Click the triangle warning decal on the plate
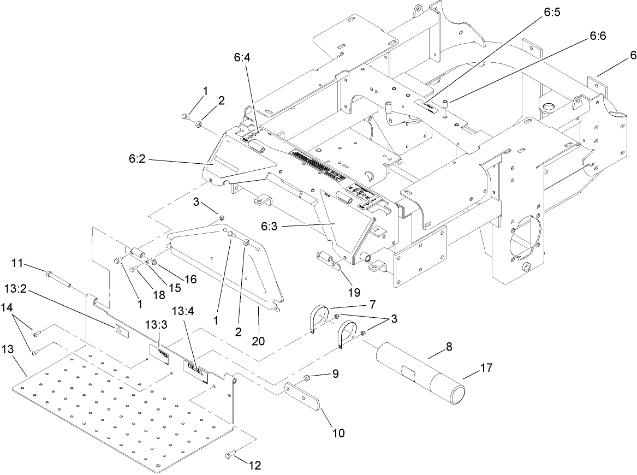pos(120,329)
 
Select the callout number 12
pos(255,465)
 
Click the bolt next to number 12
pos(230,454)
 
